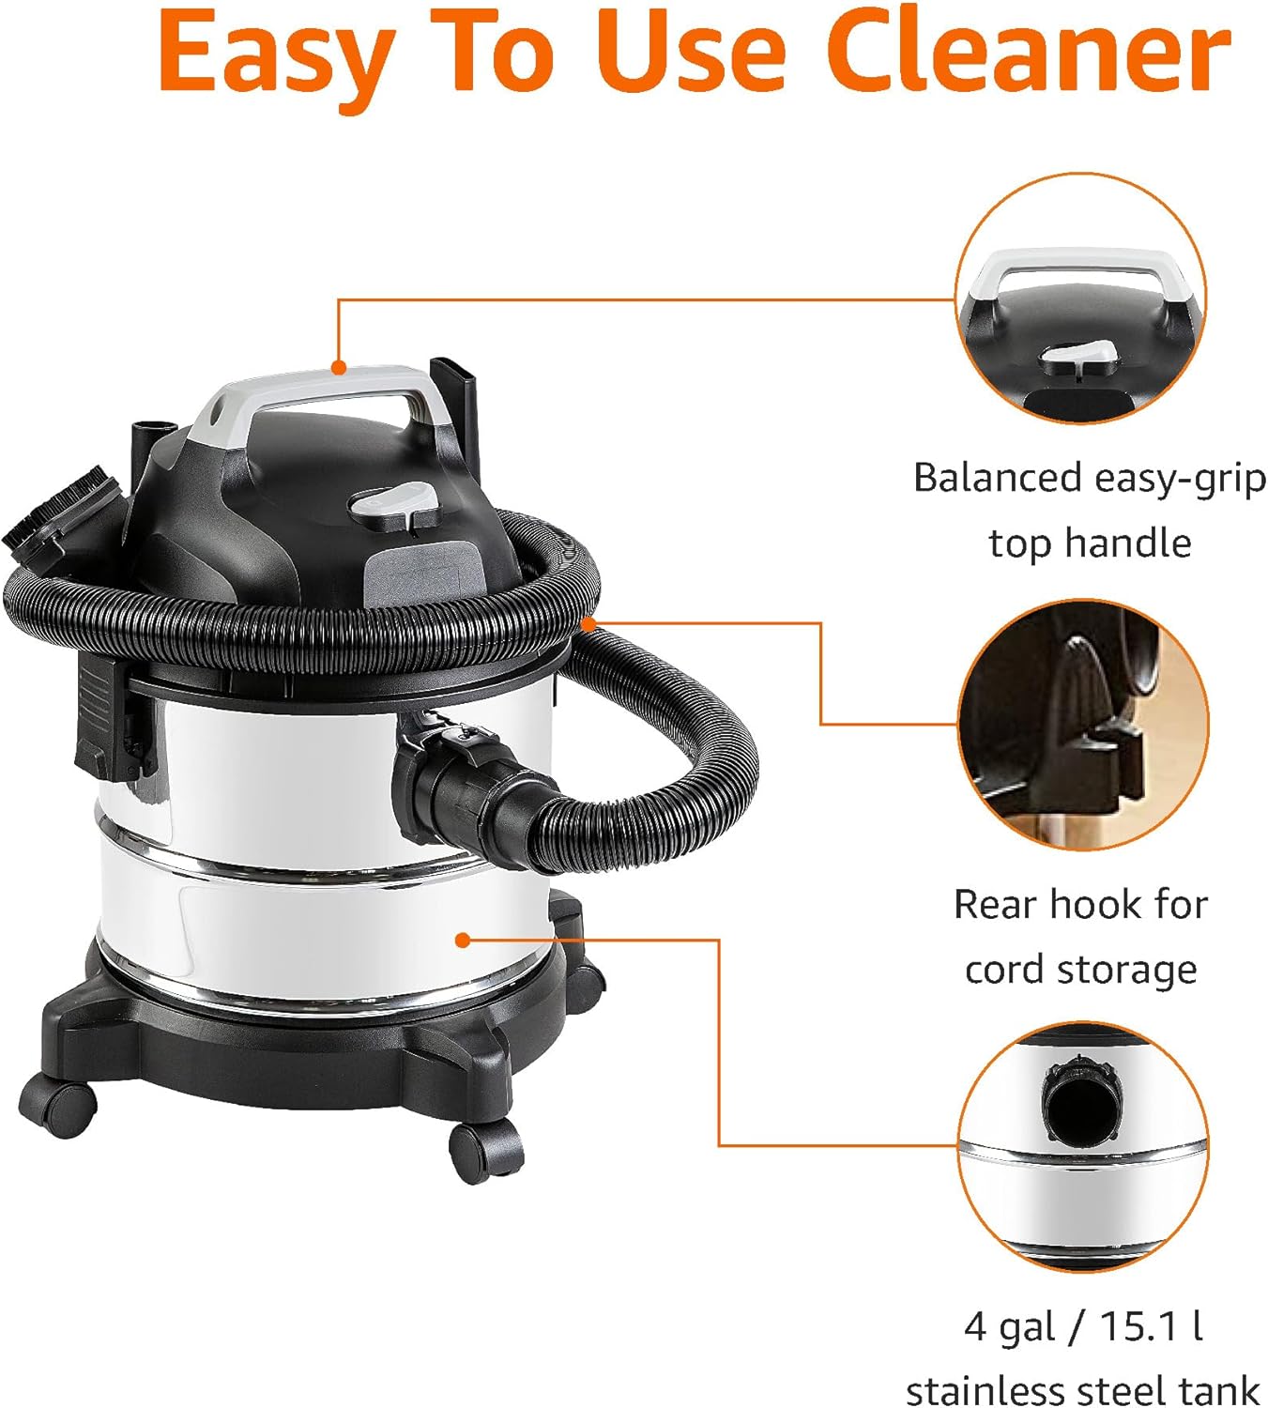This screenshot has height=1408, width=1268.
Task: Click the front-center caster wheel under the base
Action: (x=485, y=1150)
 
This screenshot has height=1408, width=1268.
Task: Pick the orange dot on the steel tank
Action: (x=462, y=940)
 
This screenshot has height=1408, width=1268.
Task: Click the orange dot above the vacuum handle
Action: (x=339, y=368)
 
